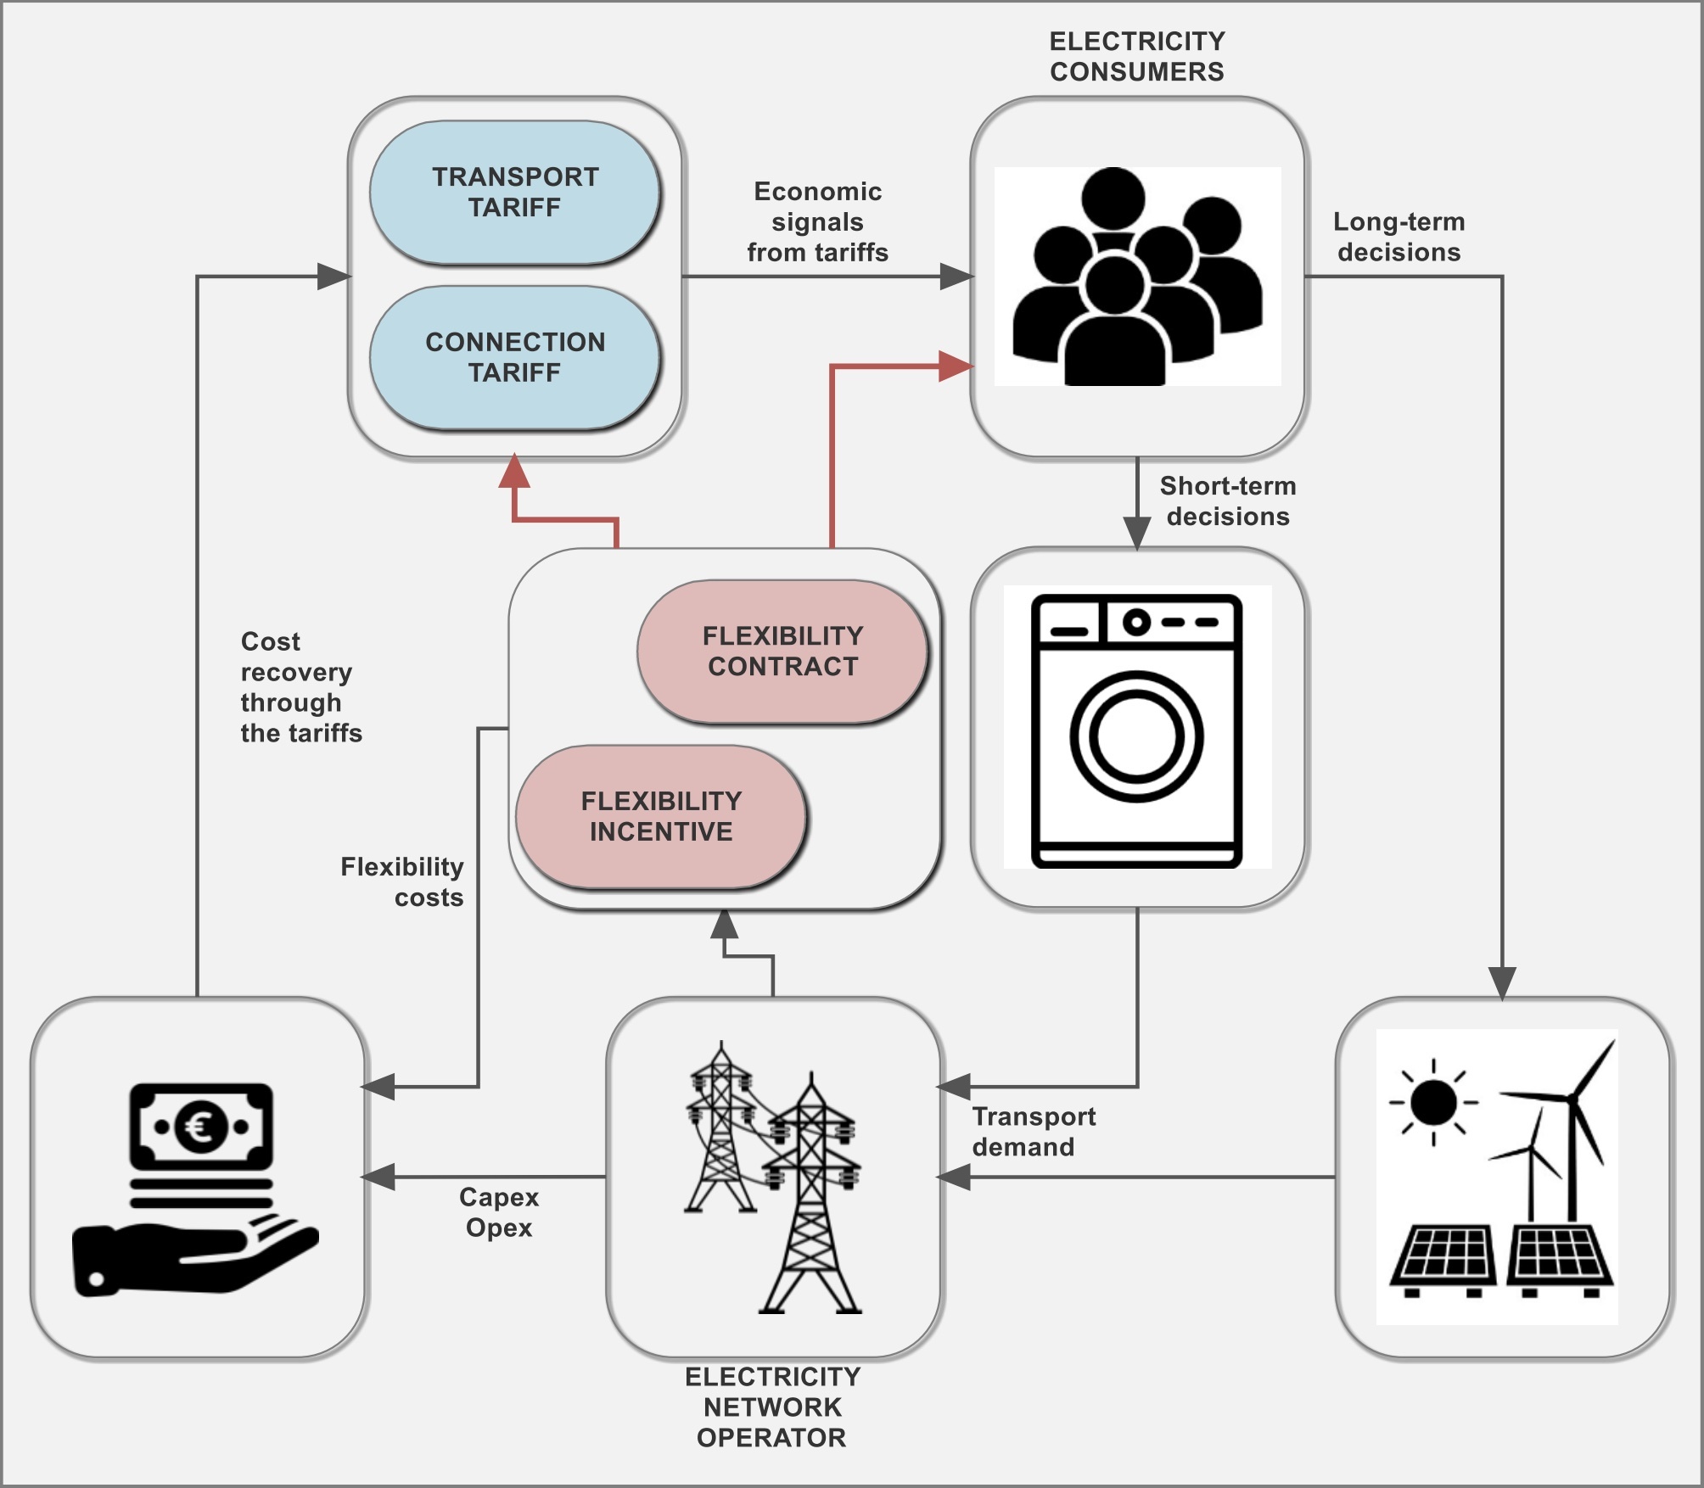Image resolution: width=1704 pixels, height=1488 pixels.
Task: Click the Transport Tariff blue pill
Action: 515,193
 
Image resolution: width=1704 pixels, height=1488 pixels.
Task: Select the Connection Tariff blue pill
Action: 515,357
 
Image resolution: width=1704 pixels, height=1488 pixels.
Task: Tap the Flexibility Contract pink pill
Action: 782,652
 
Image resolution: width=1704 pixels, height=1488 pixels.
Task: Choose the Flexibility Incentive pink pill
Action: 661,816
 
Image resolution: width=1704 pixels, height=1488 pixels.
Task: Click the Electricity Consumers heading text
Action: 1137,57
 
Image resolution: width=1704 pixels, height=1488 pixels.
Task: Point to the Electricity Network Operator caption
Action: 772,1407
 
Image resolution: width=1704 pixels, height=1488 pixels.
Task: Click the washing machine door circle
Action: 1136,736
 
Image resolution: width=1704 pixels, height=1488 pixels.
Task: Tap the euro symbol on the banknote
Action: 201,1127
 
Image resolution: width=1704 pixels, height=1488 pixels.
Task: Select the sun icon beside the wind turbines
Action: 1433,1103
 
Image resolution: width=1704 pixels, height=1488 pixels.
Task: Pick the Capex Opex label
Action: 499,1212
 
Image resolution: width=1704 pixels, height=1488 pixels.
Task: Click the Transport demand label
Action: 1034,1132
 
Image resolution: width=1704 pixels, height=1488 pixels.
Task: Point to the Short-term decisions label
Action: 1228,501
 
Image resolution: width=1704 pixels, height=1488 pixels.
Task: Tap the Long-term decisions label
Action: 1399,237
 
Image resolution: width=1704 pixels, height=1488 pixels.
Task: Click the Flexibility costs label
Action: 402,882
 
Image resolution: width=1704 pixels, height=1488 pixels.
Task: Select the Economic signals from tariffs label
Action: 817,222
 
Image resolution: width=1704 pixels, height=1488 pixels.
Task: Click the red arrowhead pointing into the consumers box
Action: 956,366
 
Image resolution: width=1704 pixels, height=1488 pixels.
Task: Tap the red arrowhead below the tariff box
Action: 514,472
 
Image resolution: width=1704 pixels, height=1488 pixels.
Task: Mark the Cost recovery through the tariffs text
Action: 300,687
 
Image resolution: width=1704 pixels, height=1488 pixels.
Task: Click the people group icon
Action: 1137,277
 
